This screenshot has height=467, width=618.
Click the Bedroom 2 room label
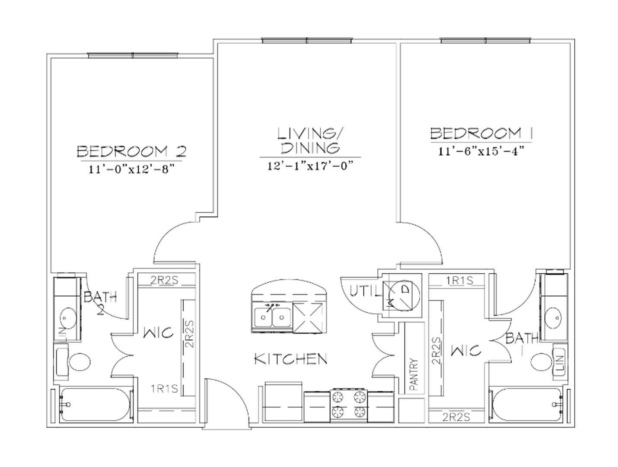[x=131, y=151]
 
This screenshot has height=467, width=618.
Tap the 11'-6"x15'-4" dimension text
[x=481, y=152]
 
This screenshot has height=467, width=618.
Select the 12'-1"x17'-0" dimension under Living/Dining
[x=310, y=166]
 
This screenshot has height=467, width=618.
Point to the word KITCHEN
[x=290, y=359]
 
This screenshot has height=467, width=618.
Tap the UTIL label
[x=365, y=291]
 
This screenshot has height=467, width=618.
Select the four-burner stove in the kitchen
[x=349, y=405]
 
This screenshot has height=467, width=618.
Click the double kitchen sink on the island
[x=272, y=317]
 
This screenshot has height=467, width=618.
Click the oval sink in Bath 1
[x=553, y=317]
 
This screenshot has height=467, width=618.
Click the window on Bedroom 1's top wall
[x=486, y=41]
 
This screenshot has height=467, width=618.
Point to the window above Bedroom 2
[x=133, y=55]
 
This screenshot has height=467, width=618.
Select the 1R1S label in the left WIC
[x=165, y=389]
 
